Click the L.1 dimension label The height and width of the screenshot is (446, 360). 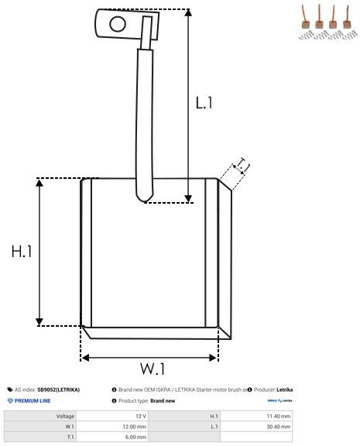204,103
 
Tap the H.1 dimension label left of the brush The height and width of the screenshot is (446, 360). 21,252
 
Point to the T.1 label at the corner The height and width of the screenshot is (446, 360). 242,164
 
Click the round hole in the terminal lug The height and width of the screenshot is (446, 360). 117,23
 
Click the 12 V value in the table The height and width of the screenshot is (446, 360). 140,416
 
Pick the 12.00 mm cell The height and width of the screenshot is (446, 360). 135,427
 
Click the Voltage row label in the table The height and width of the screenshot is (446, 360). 65,416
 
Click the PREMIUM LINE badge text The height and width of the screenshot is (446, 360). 32,401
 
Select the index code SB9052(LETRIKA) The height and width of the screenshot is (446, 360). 58,389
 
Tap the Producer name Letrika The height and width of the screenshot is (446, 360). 284,389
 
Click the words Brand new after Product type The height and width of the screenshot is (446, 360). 163,401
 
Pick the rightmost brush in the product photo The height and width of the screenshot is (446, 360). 343,19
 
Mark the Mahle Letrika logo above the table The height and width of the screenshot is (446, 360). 279,401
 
